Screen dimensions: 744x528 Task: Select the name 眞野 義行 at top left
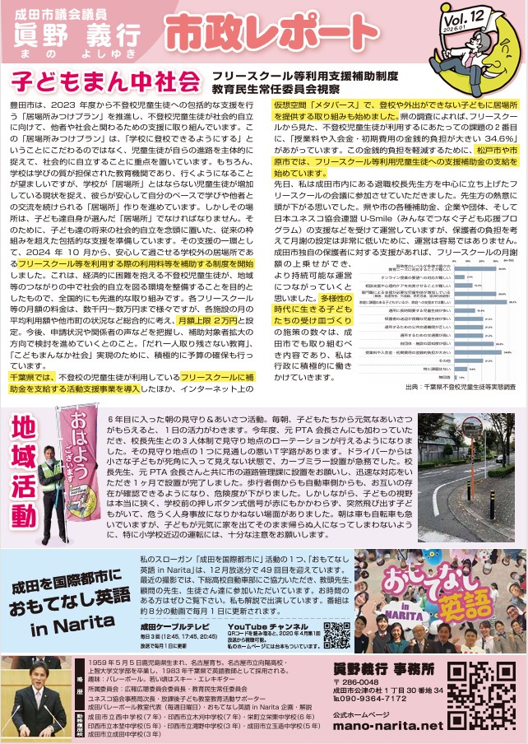coord(76,34)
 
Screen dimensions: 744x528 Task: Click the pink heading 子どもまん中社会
coord(105,82)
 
